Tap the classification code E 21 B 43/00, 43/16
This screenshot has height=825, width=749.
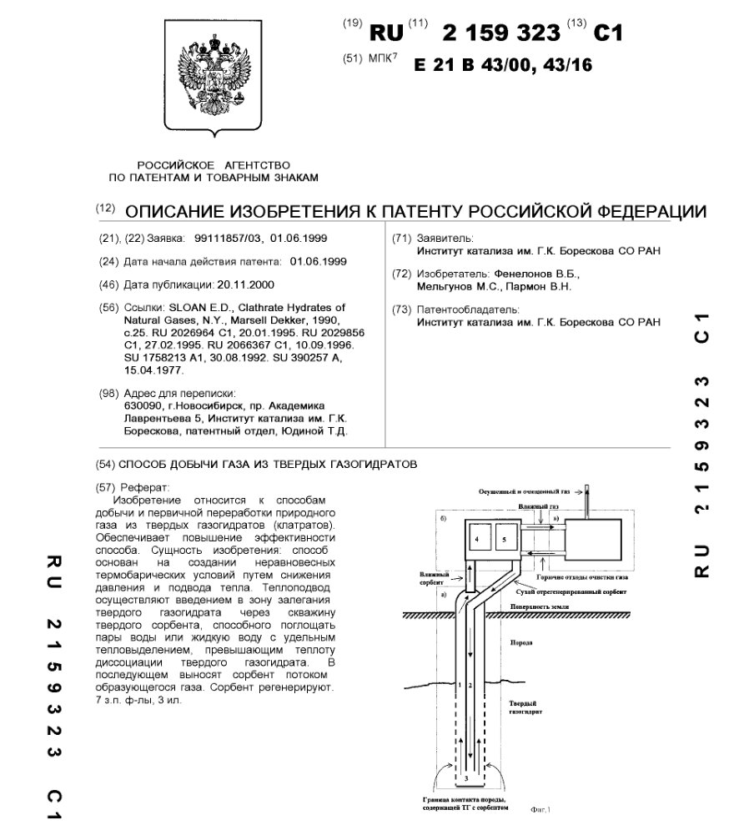pyautogui.click(x=503, y=65)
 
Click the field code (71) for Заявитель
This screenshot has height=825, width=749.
pyautogui.click(x=401, y=238)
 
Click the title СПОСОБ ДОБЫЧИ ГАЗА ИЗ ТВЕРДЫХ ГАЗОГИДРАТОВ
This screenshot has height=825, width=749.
pyautogui.click(x=268, y=463)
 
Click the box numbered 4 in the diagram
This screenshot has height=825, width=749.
pyautogui.click(x=475, y=540)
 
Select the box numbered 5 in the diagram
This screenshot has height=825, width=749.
pyautogui.click(x=503, y=540)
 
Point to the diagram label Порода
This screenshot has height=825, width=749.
pyautogui.click(x=520, y=644)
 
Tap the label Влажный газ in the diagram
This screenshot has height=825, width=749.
pyautogui.click(x=531, y=506)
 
